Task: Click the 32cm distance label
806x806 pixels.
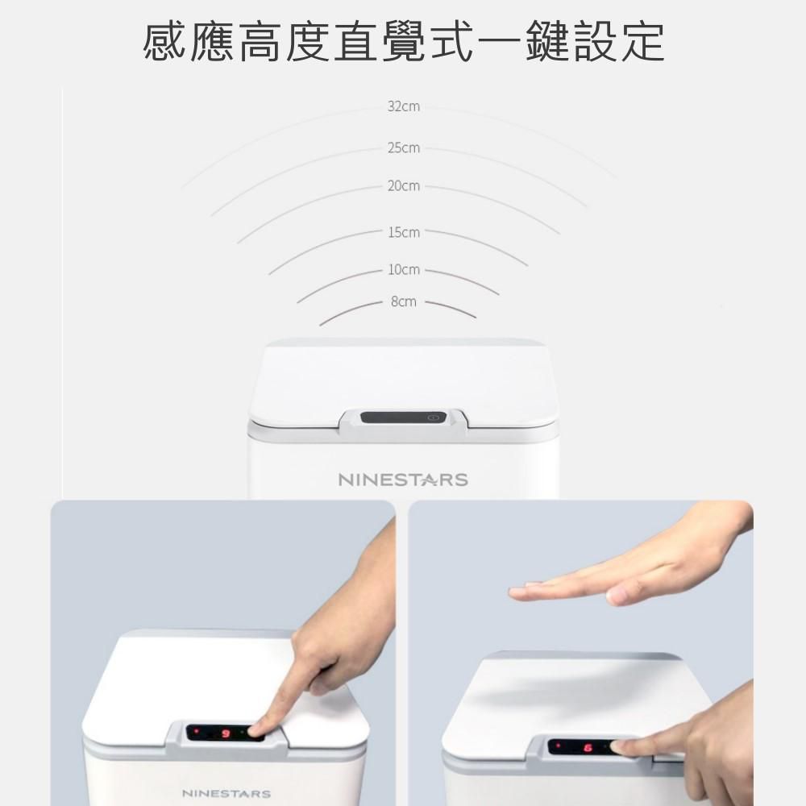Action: click(x=404, y=106)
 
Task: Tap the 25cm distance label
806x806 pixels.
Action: click(x=404, y=148)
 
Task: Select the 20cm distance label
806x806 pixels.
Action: click(x=404, y=186)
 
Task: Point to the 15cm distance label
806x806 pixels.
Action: click(x=404, y=233)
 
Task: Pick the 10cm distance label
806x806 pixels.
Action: click(x=404, y=270)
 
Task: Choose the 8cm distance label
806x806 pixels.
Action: click(x=404, y=302)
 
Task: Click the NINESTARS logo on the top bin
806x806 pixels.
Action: click(x=403, y=480)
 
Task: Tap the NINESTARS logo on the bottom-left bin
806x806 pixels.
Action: click(x=226, y=794)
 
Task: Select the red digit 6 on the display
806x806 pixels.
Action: click(x=588, y=748)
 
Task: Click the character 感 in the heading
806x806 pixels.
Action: click(x=167, y=42)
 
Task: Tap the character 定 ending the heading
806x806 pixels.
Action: click(x=641, y=42)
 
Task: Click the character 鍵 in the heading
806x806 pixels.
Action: click(x=546, y=42)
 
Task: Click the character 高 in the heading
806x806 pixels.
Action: click(x=262, y=42)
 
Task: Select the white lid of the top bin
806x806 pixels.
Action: click(x=403, y=379)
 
